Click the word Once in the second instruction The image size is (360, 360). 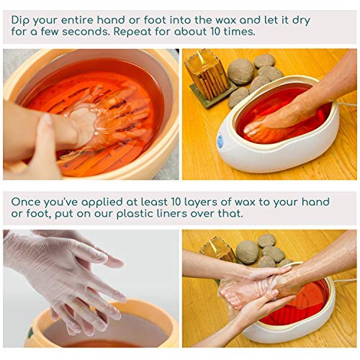point(27,202)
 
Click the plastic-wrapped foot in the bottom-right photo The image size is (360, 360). point(252,295)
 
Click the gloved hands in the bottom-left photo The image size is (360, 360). point(68,277)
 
